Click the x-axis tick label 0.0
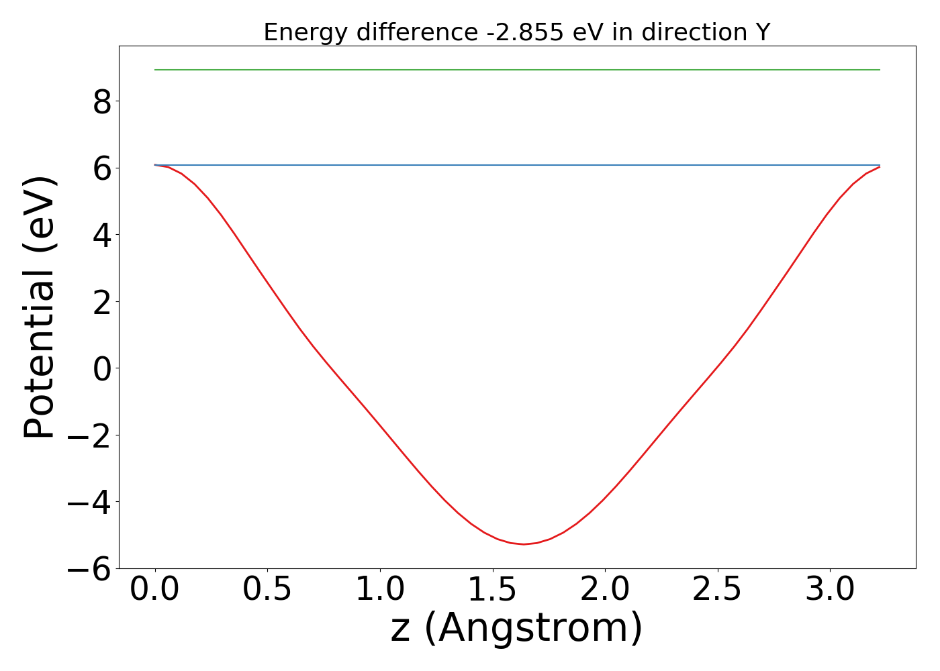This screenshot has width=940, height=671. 155,590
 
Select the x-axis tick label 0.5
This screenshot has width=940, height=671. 267,590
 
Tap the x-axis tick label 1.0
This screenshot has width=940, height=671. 380,590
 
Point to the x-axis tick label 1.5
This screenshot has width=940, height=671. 492,590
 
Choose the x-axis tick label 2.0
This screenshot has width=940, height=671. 605,590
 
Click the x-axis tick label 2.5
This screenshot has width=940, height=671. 717,590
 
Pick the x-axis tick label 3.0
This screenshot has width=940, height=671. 830,590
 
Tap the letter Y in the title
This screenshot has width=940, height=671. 763,32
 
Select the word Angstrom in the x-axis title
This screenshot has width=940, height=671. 534,628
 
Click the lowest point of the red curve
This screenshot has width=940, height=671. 524,544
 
